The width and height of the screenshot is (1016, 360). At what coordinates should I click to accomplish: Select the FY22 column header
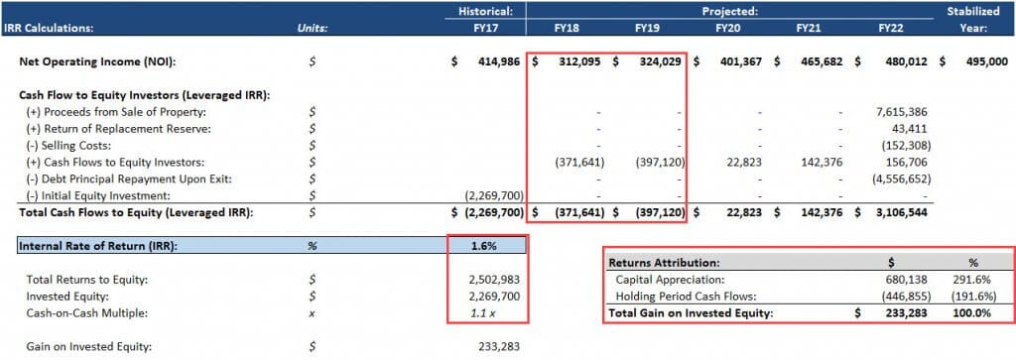tap(890, 29)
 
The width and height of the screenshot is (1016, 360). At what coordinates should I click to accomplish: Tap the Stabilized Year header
tap(978, 20)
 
